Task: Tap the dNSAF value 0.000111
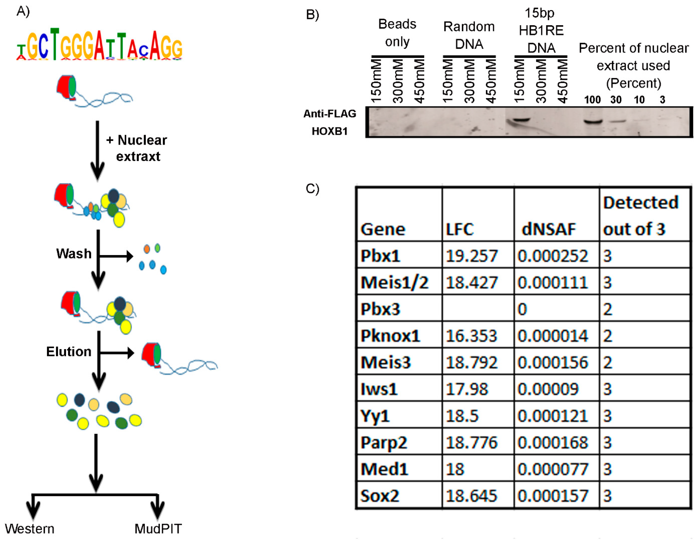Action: click(553, 282)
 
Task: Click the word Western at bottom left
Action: click(29, 528)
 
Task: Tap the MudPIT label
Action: click(158, 528)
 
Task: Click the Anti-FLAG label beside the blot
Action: click(330, 114)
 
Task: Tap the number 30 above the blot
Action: click(616, 100)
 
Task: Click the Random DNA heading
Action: click(469, 35)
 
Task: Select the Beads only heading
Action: click(397, 33)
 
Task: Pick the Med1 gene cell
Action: click(384, 469)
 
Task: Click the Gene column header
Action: click(383, 229)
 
